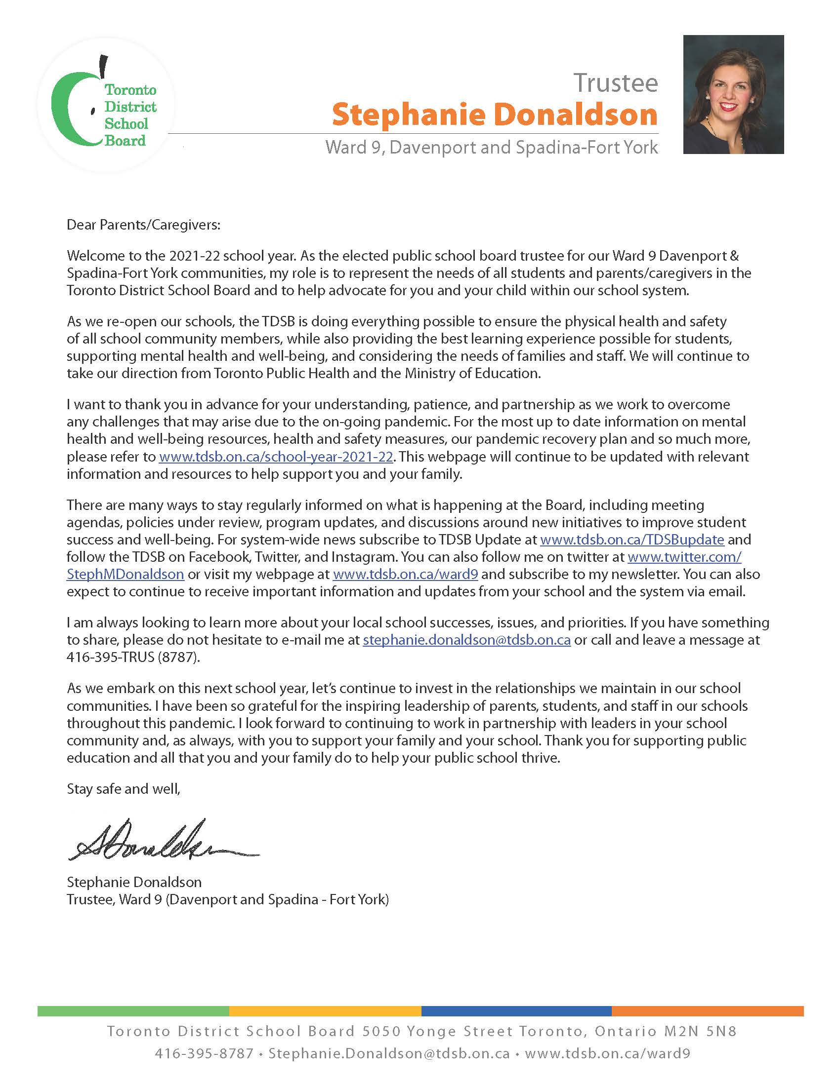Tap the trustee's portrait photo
coord(733,94)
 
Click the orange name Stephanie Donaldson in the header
coord(494,115)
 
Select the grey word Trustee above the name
coord(615,82)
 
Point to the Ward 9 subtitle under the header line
coord(491,148)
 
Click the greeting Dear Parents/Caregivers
coord(143,225)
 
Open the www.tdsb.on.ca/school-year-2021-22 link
coord(276,457)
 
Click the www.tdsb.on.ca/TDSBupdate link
coord(631,540)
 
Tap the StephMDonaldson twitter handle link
coord(126,574)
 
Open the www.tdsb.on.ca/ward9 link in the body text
coord(405,574)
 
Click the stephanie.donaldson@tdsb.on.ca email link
coord(466,640)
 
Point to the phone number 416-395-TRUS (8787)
coord(133,658)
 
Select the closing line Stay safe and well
coord(124,789)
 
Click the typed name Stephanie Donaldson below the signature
coord(134,882)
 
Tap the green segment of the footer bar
coord(133,1011)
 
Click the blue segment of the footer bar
coord(516,1011)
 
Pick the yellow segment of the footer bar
coord(325,1011)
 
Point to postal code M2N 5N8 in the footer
coord(700,1031)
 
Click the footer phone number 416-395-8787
coord(204,1054)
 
